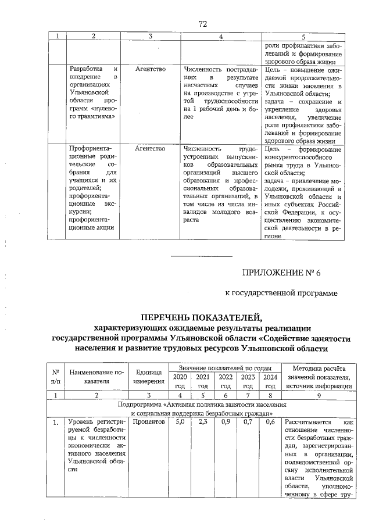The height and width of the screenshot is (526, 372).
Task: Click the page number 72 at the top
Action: click(203, 24)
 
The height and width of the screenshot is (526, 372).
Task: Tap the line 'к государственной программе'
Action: click(281, 294)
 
